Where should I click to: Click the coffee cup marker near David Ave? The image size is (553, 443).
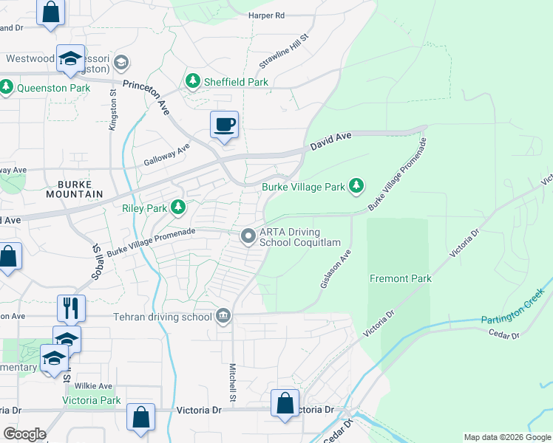pos(224,124)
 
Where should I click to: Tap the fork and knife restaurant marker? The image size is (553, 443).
pos(71,308)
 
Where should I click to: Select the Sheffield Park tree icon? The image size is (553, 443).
pos(193,82)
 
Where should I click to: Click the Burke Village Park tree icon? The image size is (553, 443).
pos(357,186)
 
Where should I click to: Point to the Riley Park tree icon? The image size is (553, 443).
pos(178,207)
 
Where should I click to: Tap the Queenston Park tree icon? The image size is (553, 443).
pos(7,88)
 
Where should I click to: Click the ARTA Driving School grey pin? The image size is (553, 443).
pos(248,236)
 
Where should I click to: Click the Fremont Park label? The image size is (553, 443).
pos(400,278)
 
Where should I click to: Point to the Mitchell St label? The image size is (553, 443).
pos(232,382)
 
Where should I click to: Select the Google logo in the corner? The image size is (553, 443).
pos(24,434)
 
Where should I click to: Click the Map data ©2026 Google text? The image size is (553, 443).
pos(507,437)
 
